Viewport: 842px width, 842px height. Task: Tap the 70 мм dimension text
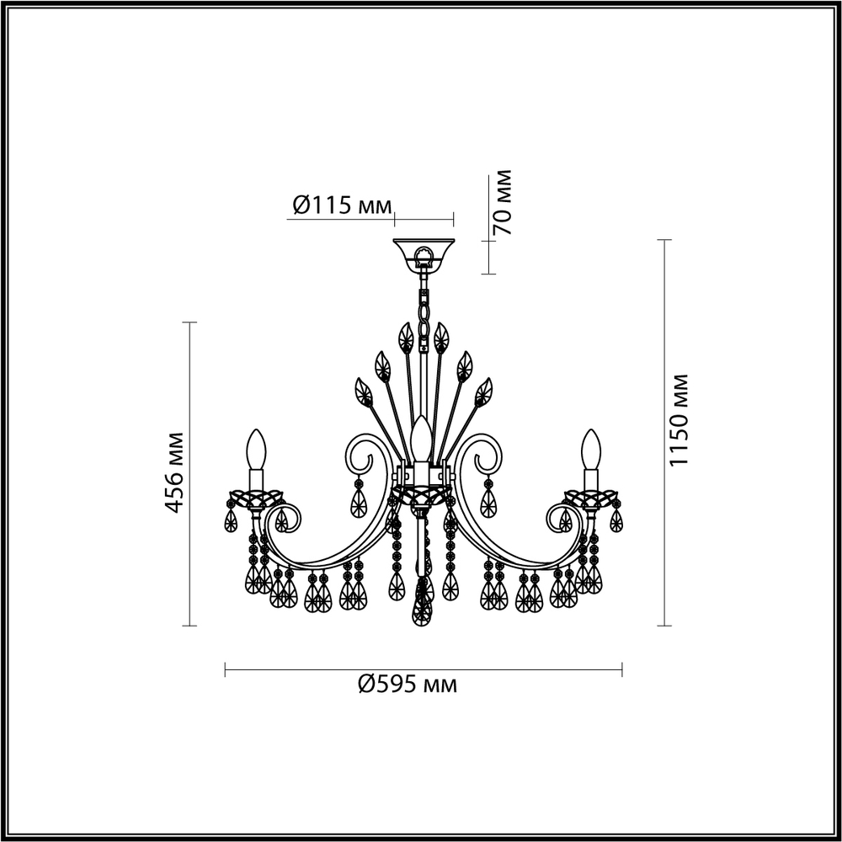click(502, 202)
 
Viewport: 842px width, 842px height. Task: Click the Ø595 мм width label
click(408, 685)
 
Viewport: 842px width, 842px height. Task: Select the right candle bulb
click(592, 450)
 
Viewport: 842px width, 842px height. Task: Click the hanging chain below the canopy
click(424, 303)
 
